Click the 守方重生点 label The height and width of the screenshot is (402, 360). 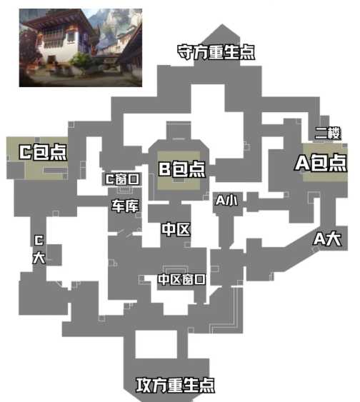(x=216, y=52)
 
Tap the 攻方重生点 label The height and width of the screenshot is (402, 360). (x=176, y=385)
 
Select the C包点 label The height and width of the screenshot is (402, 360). (x=43, y=152)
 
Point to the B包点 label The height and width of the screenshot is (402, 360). (x=182, y=169)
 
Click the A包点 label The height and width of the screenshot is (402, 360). (x=321, y=163)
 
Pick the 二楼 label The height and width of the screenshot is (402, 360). (x=328, y=133)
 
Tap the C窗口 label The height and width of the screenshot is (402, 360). (x=123, y=179)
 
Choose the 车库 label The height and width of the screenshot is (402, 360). (x=125, y=206)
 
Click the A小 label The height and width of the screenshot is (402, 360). (x=226, y=200)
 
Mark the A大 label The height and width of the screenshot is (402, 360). (x=327, y=239)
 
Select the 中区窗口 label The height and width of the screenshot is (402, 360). (x=182, y=279)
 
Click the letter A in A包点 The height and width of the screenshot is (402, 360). (x=302, y=163)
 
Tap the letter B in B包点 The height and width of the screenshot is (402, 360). (x=164, y=169)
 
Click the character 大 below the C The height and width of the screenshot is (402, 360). (x=39, y=257)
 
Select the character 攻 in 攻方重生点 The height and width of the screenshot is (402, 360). (x=144, y=385)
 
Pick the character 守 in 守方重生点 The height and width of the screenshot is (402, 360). (x=185, y=52)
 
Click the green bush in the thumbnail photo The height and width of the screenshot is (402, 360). (x=81, y=61)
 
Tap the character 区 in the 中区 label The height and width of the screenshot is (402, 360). (x=183, y=229)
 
